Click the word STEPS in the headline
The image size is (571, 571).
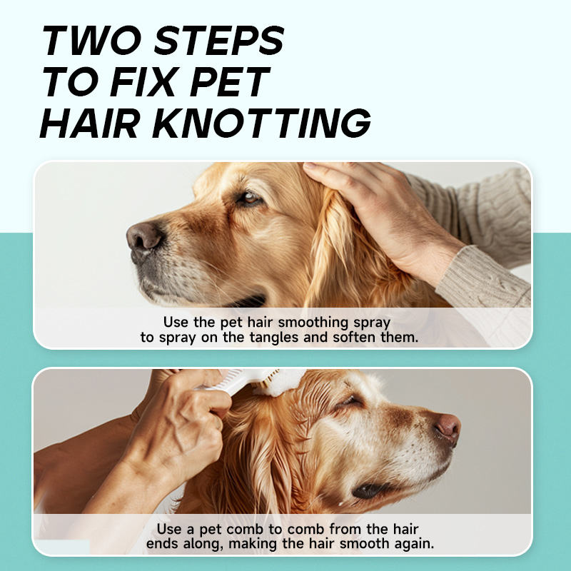(x=219, y=40)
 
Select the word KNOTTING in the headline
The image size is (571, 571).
(x=261, y=123)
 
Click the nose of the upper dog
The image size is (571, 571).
(x=143, y=238)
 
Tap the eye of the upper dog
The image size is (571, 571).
(x=251, y=198)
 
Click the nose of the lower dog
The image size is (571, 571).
(x=448, y=428)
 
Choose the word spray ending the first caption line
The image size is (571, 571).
(x=372, y=323)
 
